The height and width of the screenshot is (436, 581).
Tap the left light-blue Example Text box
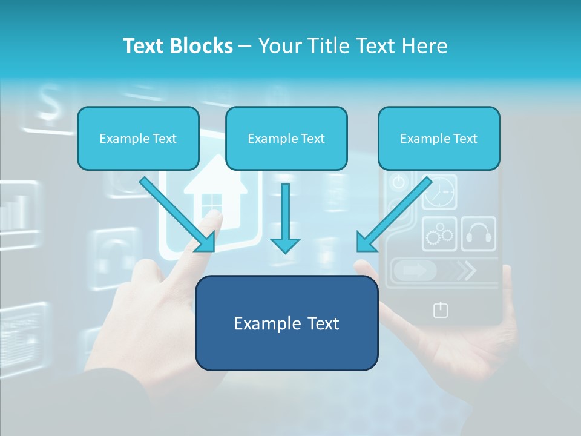(138, 139)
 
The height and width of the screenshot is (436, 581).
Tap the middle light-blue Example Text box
(286, 139)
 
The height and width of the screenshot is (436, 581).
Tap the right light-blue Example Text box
(439, 139)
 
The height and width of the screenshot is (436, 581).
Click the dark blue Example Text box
(287, 323)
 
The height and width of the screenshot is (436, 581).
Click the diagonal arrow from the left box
(179, 215)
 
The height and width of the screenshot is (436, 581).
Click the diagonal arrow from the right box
(393, 215)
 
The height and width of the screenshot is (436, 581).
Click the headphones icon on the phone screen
(479, 234)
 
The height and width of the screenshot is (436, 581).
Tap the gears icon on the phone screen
(439, 234)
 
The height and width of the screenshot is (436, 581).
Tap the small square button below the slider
(441, 310)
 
